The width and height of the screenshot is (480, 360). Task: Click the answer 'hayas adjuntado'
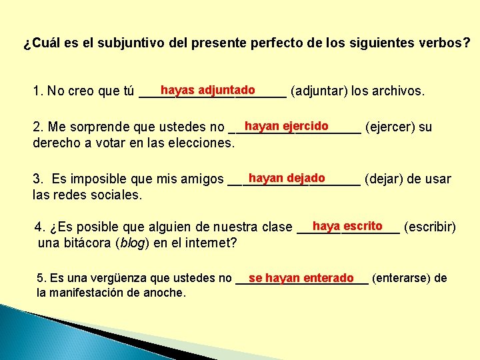[207, 90]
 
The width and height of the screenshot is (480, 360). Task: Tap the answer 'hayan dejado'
[286, 178]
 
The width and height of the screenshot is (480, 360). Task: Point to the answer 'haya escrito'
[347, 226]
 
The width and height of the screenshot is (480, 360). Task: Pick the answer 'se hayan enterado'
[301, 278]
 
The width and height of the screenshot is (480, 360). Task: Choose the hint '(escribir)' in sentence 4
[430, 227]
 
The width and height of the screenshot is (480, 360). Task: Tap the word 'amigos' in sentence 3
[202, 179]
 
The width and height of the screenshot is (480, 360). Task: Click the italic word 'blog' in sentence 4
[132, 243]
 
